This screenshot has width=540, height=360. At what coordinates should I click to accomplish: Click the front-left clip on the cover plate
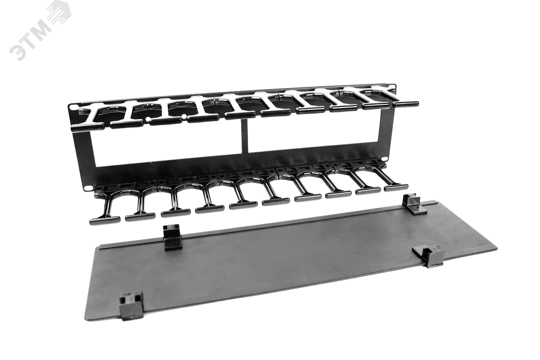[x=131, y=305]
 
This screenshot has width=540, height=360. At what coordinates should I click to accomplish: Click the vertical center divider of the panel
[x=244, y=136]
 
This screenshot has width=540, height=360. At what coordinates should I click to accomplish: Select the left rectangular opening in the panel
[x=167, y=145]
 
